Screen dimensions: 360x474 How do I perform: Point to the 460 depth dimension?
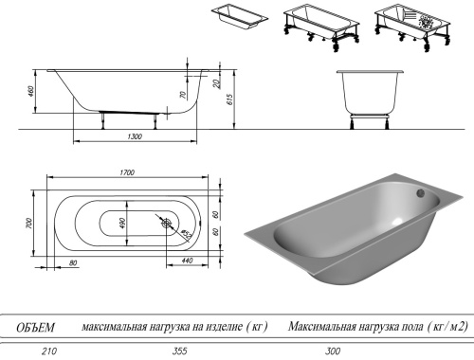(32, 92)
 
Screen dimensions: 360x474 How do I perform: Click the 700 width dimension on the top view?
(29, 224)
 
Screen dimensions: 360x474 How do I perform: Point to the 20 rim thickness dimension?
(215, 84)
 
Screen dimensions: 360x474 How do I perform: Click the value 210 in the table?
(37, 352)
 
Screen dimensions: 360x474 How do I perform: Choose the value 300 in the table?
(333, 352)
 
